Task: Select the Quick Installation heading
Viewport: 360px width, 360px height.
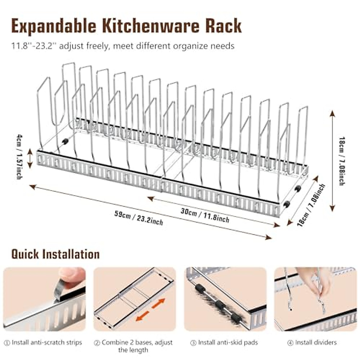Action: [x=55, y=254]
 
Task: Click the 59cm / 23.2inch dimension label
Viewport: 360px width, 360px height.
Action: [x=139, y=218]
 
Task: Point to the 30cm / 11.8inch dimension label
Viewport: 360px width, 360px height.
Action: [x=205, y=215]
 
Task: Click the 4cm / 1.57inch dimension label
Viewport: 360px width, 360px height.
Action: [x=19, y=157]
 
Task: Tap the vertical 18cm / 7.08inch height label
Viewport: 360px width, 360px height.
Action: [x=341, y=161]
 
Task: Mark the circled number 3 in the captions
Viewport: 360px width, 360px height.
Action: [x=193, y=343]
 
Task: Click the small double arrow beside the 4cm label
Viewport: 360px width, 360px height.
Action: [x=30, y=158]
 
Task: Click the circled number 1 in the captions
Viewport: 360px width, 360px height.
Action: [x=7, y=343]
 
